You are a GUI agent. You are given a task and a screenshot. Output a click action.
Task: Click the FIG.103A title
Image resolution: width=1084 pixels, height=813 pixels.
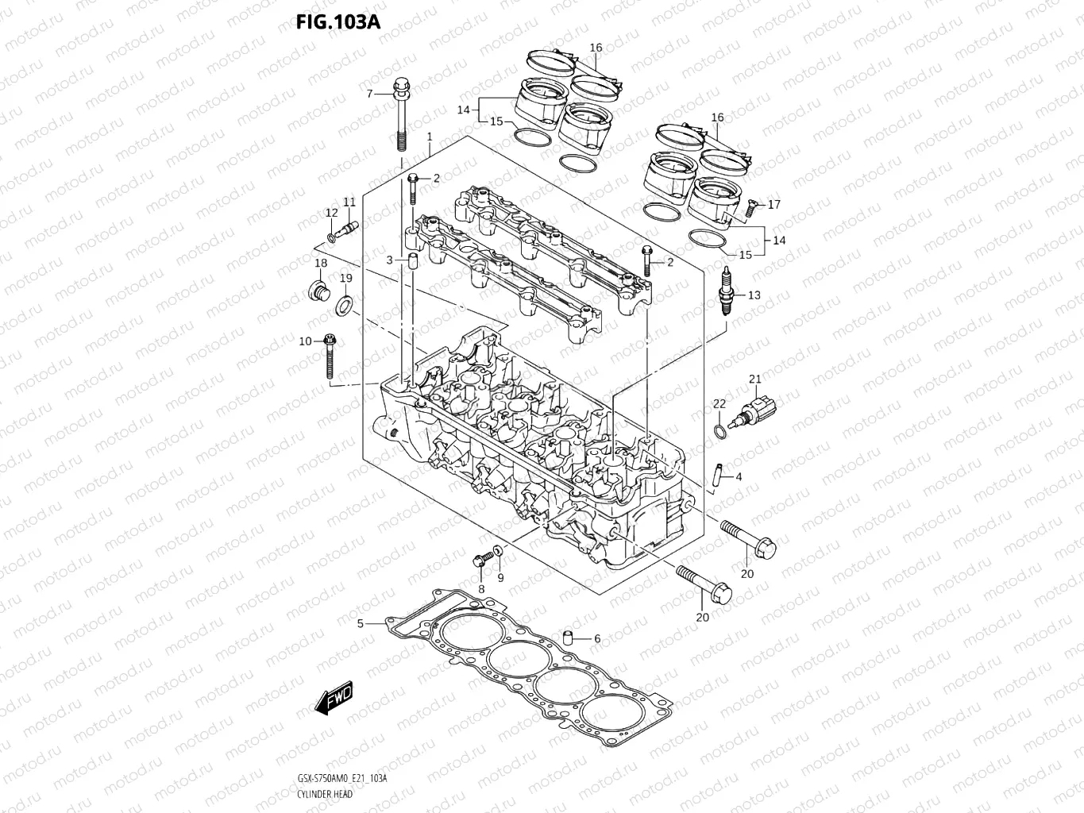point(338,21)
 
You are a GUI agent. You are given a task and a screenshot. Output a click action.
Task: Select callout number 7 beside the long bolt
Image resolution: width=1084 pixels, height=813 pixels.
point(368,94)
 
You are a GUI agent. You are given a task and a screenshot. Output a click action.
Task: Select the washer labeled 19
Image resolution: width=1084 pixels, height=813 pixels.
point(345,303)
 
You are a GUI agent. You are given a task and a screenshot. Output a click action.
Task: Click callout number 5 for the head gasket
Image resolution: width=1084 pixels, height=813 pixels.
point(360,624)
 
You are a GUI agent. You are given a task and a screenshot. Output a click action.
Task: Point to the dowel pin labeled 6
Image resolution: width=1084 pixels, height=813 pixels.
point(567,638)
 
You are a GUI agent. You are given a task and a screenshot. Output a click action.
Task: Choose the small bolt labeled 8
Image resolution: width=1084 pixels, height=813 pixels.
point(480,560)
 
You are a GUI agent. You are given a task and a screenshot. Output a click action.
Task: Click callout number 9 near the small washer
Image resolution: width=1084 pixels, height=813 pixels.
point(500,578)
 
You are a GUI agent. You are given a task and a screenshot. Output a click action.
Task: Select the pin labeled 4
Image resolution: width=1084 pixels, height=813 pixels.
point(718,477)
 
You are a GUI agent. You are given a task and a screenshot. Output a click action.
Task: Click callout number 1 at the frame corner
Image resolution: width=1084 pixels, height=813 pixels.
point(430,137)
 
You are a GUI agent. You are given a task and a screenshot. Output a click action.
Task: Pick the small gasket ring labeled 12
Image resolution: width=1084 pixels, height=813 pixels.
point(331,237)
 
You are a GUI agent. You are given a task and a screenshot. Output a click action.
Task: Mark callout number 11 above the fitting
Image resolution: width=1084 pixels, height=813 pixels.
point(349,202)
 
